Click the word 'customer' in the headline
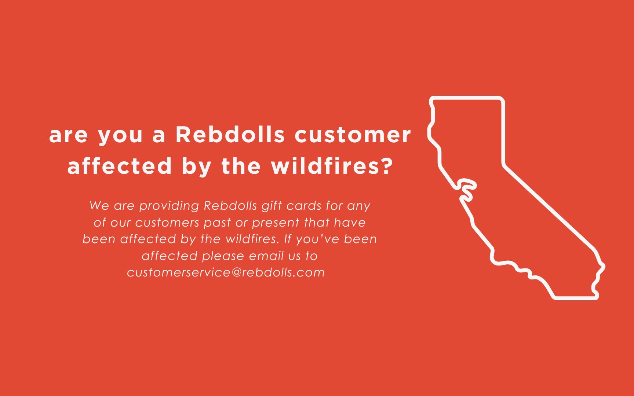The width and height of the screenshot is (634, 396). point(353,135)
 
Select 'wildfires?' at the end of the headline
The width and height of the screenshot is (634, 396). point(332,166)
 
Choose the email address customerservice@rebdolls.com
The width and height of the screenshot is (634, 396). point(226,272)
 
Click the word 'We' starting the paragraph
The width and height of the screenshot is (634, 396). point(99,206)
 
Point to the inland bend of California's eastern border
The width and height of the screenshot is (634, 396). point(503,165)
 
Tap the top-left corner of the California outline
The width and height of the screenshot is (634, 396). point(432,98)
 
